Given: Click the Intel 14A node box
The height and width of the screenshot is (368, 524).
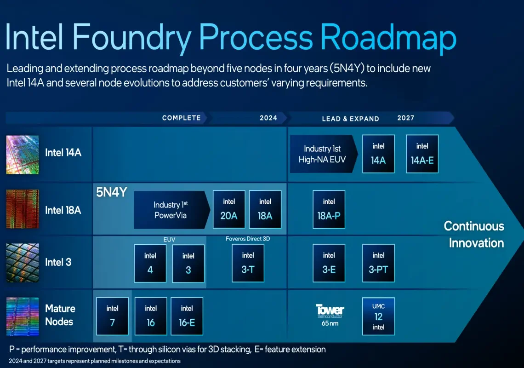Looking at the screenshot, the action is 378,154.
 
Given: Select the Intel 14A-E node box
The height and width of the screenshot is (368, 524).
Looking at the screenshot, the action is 422,154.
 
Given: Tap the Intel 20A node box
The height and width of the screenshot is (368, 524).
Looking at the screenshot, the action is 229,209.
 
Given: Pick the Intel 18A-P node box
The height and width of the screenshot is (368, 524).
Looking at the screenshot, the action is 329,209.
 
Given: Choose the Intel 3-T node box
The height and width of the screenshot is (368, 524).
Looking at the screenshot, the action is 248,263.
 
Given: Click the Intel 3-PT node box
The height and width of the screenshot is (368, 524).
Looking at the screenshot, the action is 378,263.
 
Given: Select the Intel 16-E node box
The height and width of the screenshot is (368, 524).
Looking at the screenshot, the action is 187,316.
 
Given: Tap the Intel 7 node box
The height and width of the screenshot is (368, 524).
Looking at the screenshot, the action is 112,316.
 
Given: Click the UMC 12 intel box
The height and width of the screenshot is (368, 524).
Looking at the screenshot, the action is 378,316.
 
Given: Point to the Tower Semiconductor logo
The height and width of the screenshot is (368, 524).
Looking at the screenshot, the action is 330,311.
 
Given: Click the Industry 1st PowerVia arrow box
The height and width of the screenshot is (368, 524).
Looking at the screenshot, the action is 172,210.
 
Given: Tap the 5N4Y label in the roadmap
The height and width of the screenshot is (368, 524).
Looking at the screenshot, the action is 112,192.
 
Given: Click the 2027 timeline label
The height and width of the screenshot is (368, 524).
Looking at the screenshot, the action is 406,118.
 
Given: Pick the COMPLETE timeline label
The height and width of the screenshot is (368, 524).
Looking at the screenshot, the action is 182,118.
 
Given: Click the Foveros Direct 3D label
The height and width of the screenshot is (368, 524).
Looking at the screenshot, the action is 248,239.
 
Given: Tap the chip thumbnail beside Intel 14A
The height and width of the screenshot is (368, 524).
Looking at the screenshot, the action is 23,155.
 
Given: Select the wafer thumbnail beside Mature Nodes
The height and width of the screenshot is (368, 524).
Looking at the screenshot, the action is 23,316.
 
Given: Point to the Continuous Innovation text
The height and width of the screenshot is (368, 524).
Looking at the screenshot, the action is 474,235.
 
